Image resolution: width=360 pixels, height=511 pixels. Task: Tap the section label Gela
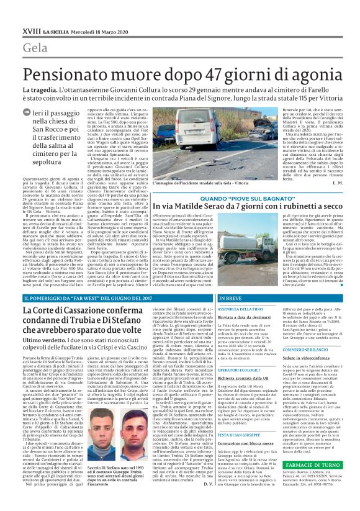coord(35,48)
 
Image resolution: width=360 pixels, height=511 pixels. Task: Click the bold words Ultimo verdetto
coord(43,340)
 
